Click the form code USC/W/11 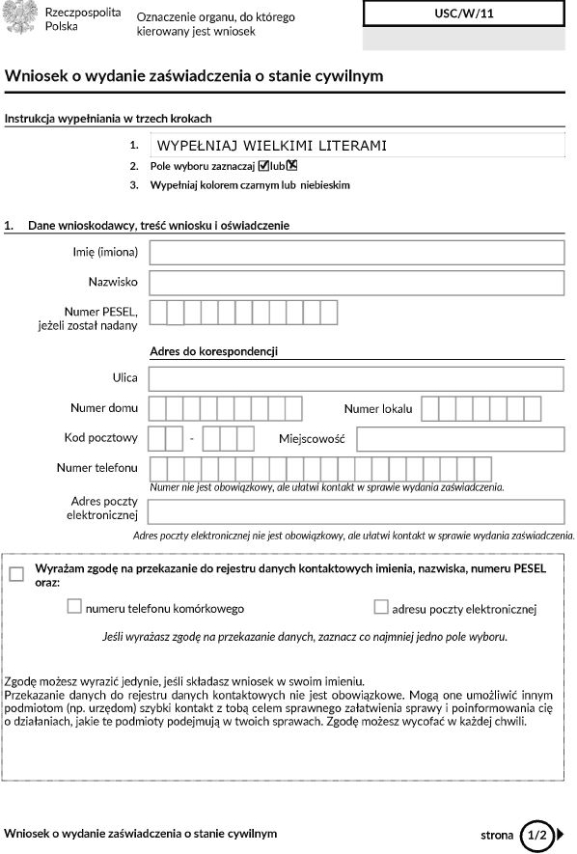pos(463,13)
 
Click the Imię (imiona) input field pos(356,253)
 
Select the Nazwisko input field pos(356,283)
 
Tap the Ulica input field pos(356,378)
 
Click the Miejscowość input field pos(459,439)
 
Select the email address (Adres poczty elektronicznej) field pos(356,510)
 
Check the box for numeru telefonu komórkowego pos(74,608)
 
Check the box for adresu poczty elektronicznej pos(381,608)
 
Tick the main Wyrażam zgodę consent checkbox pos(16,574)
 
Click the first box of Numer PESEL pos(158,313)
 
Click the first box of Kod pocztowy pos(158,439)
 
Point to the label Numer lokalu pos(378,409)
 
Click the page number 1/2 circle pos(537,834)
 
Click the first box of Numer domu pos(158,409)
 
